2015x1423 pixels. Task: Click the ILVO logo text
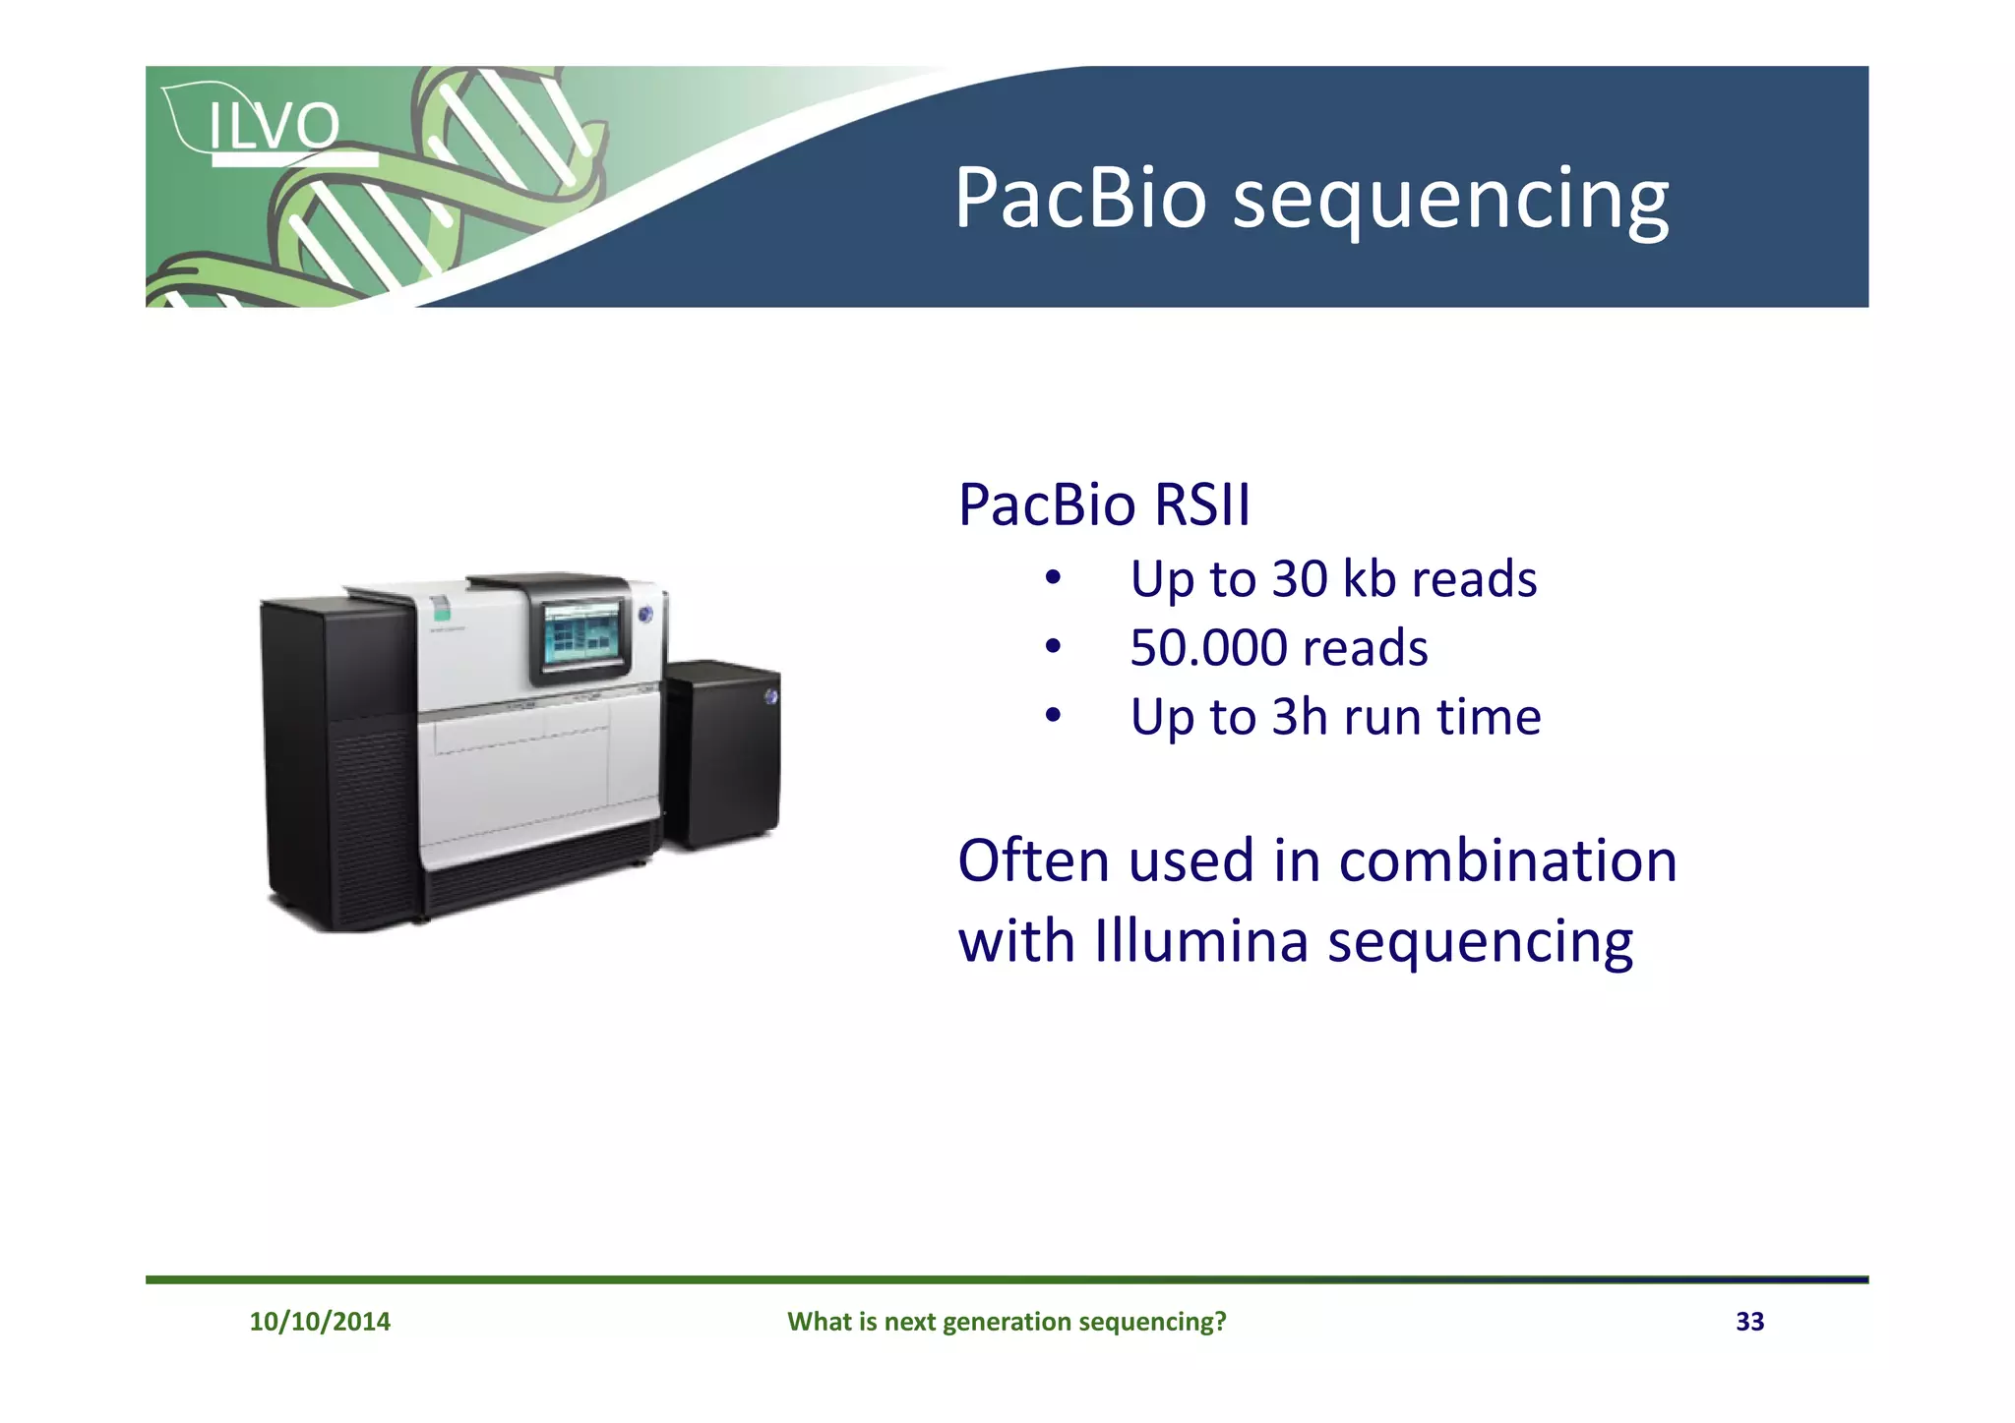tap(274, 126)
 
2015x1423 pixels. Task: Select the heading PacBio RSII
tap(1103, 504)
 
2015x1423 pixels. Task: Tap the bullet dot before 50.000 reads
tap(1053, 647)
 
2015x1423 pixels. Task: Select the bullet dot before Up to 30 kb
tap(1053, 578)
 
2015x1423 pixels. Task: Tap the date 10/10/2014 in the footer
tap(320, 1321)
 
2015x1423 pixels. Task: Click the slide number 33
tap(1749, 1321)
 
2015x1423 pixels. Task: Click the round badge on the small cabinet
tap(770, 696)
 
